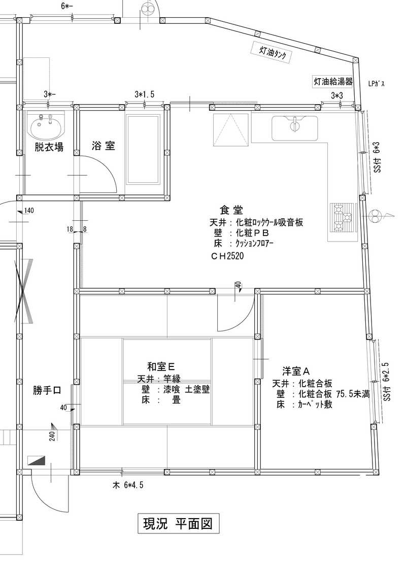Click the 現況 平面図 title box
[178, 524]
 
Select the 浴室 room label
[103, 146]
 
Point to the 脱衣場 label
[49, 147]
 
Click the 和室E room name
[161, 366]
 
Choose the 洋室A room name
[296, 371]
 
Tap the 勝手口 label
[47, 391]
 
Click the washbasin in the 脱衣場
[46, 125]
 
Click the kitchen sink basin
[295, 128]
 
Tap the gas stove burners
[343, 218]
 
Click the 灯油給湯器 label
[333, 82]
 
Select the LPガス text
[377, 83]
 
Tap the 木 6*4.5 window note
[128, 486]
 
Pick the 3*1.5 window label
[145, 94]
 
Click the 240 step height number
[52, 436]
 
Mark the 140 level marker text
[28, 211]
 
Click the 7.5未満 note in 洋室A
[353, 394]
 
